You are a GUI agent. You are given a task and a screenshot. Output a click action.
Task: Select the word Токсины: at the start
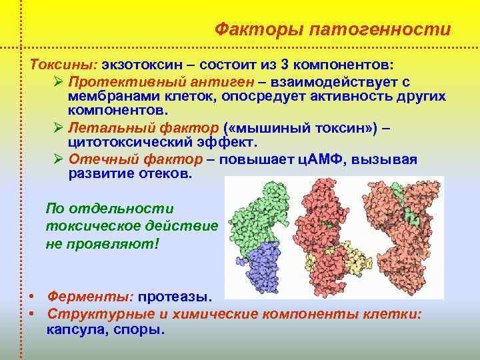point(63,67)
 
